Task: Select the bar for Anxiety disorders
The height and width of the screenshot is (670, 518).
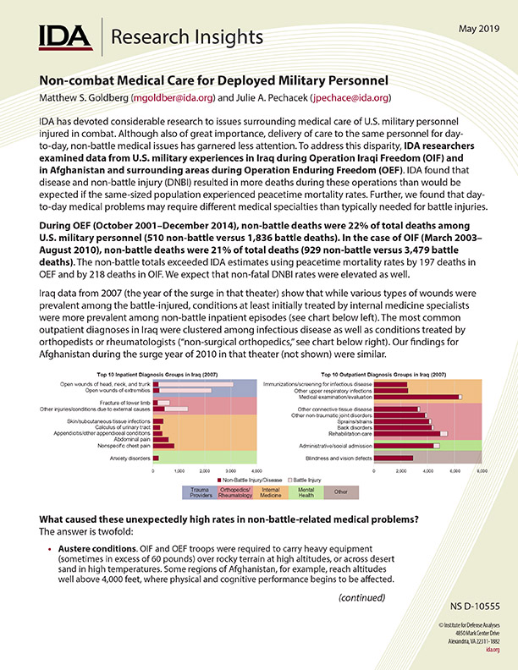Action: (156, 458)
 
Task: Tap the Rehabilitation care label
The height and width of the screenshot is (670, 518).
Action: (349, 433)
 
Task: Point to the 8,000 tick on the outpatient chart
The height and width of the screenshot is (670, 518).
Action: (481, 470)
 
